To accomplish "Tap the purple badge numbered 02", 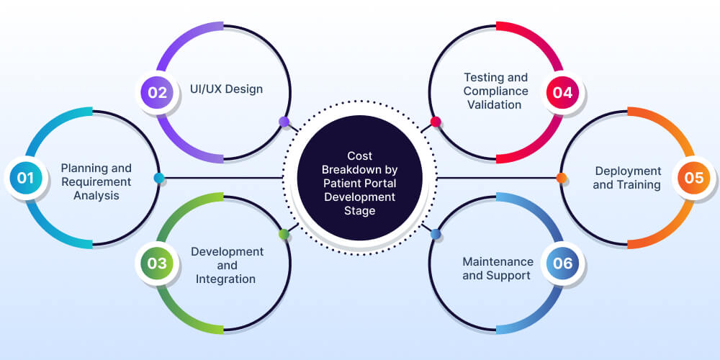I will click(158, 92).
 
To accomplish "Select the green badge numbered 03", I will click(158, 263).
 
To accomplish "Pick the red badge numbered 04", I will click(562, 92).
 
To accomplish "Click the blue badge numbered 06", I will click(562, 263).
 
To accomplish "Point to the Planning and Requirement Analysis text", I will click(96, 181).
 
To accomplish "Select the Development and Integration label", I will click(227, 265).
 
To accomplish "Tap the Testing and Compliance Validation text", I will click(495, 91).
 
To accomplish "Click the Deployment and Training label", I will click(627, 178).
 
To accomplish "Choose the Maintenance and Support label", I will click(498, 269).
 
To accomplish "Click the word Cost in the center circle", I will click(359, 156).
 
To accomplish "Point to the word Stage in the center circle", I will click(359, 211).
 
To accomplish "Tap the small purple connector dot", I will click(284, 122).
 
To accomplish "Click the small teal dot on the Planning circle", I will click(159, 178).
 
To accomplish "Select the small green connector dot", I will click(284, 234).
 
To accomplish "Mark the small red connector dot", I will click(436, 122).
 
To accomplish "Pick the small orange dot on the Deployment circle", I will click(562, 178).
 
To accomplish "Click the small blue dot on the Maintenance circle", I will click(436, 234).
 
